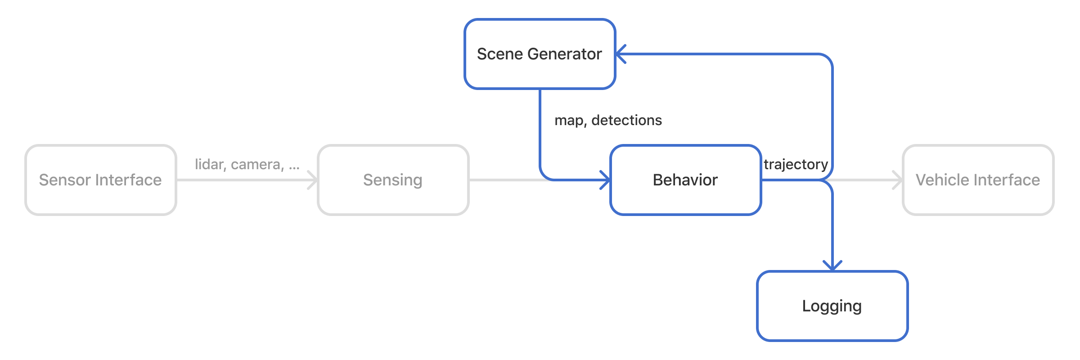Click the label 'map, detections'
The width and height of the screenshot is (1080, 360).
pos(608,120)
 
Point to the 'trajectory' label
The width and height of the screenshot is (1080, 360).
pos(796,164)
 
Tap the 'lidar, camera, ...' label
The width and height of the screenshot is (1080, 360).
pos(247,164)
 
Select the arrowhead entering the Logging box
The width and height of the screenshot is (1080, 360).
pos(832,266)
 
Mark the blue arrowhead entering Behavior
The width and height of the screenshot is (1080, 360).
pos(606,180)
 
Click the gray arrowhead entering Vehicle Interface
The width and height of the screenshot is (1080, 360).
pos(898,180)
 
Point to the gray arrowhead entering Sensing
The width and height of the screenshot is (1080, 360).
pos(313,180)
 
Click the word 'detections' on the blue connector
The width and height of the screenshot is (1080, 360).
pos(626,120)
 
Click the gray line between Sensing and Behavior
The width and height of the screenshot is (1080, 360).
pos(504,180)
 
